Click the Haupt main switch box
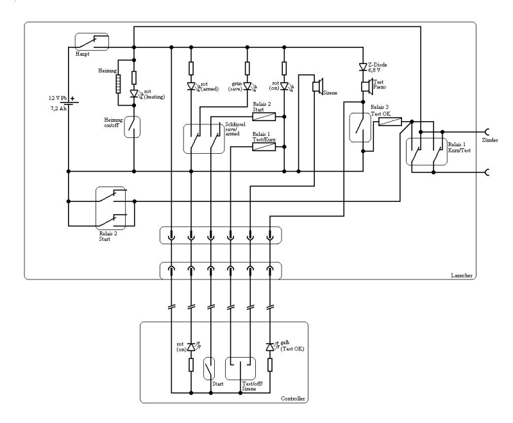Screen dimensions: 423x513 point(92,42)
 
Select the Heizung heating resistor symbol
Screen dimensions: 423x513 point(118,83)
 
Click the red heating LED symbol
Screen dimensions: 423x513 point(133,93)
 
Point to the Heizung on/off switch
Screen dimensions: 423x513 point(133,126)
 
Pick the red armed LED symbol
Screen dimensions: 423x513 point(191,87)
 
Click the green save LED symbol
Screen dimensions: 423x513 point(248,87)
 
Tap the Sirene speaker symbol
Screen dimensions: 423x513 point(317,87)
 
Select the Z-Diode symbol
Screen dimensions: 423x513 point(363,66)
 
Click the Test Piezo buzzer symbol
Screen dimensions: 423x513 point(364,87)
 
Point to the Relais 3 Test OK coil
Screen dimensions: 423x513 point(390,120)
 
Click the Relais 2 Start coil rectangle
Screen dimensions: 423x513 point(264,116)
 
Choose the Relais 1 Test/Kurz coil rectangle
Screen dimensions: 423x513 point(264,147)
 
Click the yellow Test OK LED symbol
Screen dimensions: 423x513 point(270,347)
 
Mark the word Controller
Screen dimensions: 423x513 point(294,399)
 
